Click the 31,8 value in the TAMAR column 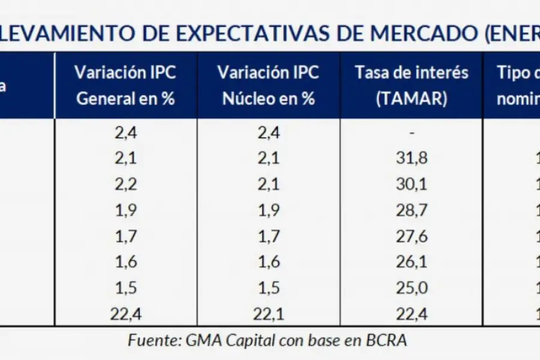coord(411,158)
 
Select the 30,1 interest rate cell coord(411,184)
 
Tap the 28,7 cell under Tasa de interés coord(411,210)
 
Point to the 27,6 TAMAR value coord(411,236)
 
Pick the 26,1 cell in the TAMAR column coord(411,262)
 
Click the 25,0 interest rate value coord(411,287)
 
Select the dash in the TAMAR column coord(412,133)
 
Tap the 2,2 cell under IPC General coord(125,184)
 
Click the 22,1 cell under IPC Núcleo coord(268,313)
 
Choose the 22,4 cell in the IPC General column coord(125,313)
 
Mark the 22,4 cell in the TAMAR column coord(411,313)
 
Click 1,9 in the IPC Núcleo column coord(268,210)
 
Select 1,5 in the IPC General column coord(125,287)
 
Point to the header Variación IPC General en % coord(125,85)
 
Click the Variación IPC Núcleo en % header coord(268,85)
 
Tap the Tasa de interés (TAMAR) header coord(412,85)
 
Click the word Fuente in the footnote coord(151,340)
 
